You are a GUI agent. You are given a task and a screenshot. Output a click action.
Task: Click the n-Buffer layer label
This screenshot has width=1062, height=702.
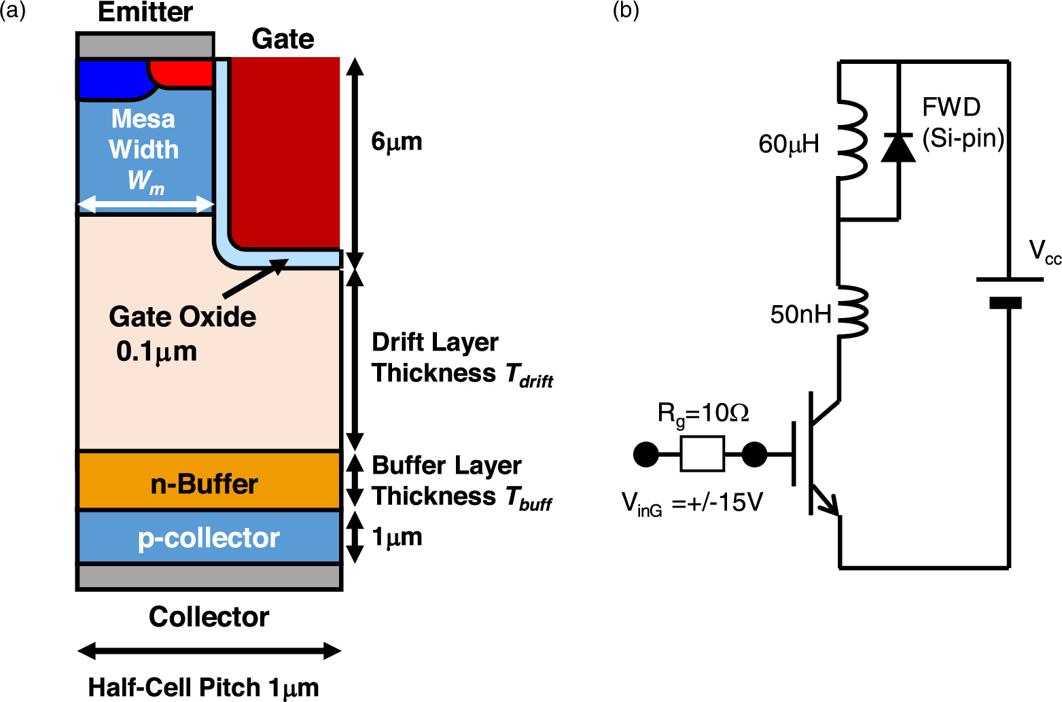(x=204, y=484)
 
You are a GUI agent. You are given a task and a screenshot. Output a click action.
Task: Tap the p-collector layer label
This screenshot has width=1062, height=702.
(x=209, y=538)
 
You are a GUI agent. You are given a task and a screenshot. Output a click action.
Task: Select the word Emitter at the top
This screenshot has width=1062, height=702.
(x=145, y=12)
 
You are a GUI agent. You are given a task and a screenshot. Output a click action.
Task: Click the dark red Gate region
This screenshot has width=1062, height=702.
(x=285, y=150)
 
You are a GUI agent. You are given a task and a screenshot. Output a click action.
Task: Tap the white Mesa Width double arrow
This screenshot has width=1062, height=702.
(x=146, y=204)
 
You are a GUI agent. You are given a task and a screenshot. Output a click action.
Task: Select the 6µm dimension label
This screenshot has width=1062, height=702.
(x=396, y=141)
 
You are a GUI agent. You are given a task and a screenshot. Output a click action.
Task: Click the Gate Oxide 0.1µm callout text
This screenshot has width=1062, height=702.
(x=182, y=334)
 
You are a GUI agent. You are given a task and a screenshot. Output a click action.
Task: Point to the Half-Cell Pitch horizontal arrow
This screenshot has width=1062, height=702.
(x=209, y=651)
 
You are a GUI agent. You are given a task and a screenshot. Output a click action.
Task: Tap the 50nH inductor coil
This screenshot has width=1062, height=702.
(x=852, y=313)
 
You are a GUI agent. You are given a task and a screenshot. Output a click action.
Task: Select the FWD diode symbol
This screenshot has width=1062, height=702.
(x=898, y=147)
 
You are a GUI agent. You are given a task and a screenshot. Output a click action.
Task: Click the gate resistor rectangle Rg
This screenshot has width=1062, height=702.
(x=702, y=454)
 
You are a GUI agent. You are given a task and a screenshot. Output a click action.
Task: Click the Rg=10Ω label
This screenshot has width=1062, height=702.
(x=703, y=413)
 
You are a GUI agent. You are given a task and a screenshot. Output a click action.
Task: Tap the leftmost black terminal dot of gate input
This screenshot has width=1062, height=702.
(x=645, y=454)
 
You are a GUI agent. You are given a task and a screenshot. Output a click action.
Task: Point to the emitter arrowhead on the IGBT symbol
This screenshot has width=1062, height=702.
(x=831, y=505)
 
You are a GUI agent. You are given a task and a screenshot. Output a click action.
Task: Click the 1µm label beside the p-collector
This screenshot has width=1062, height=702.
(x=397, y=537)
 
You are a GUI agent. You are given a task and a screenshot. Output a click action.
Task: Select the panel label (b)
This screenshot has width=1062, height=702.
(x=625, y=11)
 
